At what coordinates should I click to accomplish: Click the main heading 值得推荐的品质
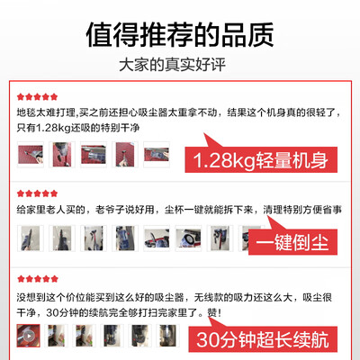180,34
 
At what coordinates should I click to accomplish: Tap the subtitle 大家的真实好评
172,65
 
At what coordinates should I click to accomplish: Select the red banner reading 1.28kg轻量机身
261,159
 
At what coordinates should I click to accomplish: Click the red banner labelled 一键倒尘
292,242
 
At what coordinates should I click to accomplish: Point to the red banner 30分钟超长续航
263,339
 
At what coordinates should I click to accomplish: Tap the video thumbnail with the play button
29,336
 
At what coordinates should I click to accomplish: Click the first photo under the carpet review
31,155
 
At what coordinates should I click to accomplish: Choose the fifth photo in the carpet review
157,155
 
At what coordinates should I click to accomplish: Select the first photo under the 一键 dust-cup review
31,238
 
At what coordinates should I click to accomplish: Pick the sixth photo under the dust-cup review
188,238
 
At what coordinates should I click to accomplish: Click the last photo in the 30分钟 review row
168,336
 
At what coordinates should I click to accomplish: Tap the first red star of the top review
21,97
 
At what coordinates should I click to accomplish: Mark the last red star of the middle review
54,193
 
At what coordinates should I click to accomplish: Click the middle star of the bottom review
38,279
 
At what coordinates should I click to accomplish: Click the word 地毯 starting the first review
26,112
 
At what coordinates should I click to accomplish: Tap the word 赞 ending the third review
211,313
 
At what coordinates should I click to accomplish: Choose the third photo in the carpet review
94,155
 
